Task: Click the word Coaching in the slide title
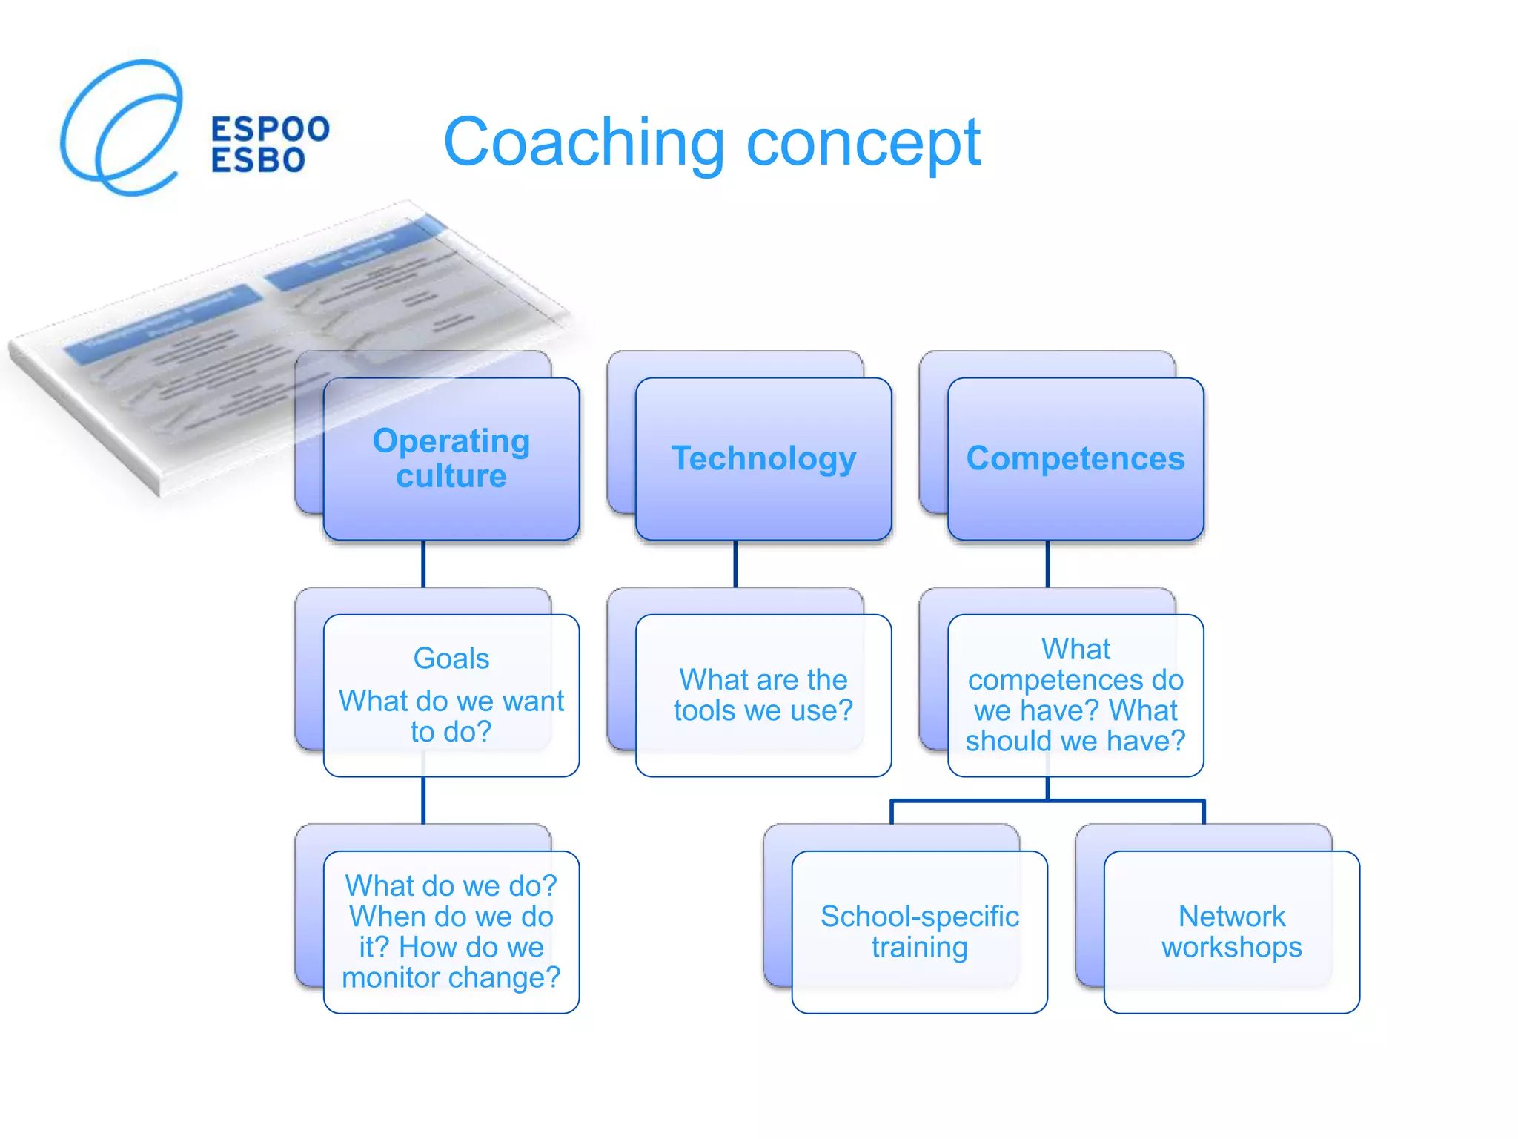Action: (x=583, y=143)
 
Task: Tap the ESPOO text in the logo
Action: (x=270, y=129)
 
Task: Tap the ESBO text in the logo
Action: (x=258, y=160)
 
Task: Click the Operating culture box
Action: (x=451, y=458)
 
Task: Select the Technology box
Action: (x=763, y=458)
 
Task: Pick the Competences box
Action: (x=1075, y=458)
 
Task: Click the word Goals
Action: (x=451, y=658)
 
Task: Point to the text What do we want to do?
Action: (x=451, y=716)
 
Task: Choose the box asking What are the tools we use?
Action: (x=763, y=696)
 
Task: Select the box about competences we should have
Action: (x=1075, y=696)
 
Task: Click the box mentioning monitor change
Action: (x=451, y=932)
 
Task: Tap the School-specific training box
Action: (x=919, y=932)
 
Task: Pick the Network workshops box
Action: (x=1231, y=932)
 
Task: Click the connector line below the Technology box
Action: (x=735, y=564)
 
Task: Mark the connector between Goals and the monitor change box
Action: (x=423, y=801)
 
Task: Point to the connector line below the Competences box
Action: (x=1047, y=564)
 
